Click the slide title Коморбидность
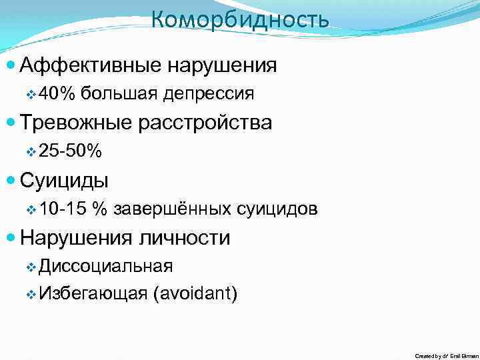click(240, 20)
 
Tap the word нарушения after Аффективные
click(222, 65)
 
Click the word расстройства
click(207, 123)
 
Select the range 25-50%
click(71, 152)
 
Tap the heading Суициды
click(65, 181)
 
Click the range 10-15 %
click(73, 209)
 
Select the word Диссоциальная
click(106, 267)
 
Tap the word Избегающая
click(93, 293)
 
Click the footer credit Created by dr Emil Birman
click(446, 356)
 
